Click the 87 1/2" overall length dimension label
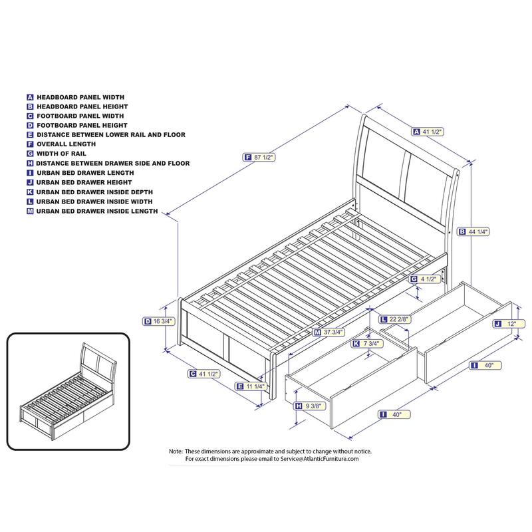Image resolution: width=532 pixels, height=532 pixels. [x=259, y=157]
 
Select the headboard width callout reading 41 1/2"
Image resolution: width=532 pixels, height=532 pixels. [x=428, y=132]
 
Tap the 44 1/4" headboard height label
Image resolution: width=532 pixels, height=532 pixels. [x=473, y=231]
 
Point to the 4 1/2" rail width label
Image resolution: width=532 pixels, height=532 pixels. [x=425, y=279]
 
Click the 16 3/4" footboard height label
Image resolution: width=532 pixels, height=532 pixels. [x=159, y=321]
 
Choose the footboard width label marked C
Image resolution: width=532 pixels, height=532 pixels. [x=204, y=374]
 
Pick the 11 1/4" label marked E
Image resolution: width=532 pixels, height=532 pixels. [x=251, y=386]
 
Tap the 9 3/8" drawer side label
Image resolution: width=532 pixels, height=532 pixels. [x=310, y=406]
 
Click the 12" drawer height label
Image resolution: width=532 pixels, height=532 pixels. [x=509, y=324]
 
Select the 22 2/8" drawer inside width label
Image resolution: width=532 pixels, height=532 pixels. [x=396, y=319]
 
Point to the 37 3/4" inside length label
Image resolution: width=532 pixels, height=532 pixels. [x=329, y=332]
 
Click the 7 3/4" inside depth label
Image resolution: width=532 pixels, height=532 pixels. [x=368, y=344]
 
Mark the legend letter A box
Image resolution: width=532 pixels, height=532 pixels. [x=30, y=97]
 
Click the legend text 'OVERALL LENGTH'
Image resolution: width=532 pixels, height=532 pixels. [x=66, y=144]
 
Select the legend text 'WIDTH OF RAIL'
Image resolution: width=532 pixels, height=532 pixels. [x=61, y=154]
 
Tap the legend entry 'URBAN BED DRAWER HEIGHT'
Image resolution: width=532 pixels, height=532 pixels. [x=84, y=182]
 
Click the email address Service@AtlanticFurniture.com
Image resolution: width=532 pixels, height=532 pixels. [x=319, y=459]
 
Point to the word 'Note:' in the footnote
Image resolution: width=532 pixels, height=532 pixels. [x=176, y=452]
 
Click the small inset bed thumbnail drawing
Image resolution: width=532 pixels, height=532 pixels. [x=68, y=392]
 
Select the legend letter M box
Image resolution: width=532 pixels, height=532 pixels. [x=30, y=211]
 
